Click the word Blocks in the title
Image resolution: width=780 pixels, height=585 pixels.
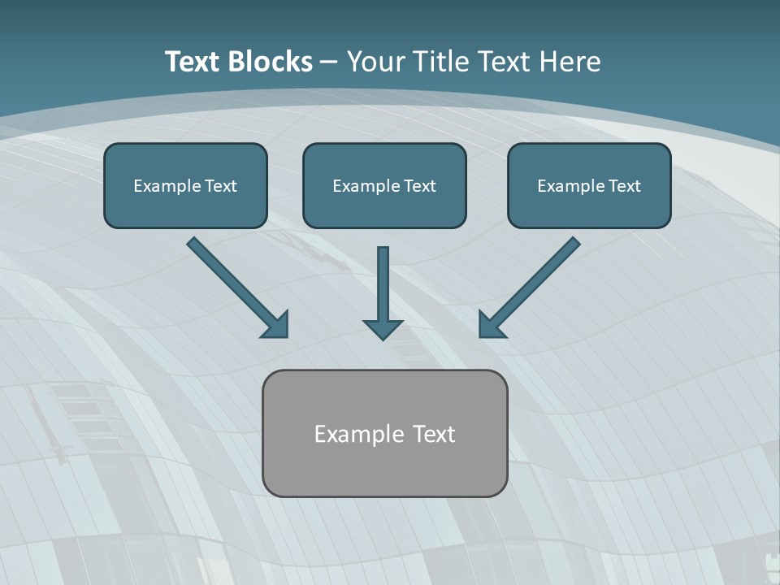point(270,62)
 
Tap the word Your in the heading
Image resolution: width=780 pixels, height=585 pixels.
point(376,62)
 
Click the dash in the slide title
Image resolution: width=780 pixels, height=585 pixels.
point(329,62)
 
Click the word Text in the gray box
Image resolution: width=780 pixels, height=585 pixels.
point(434,434)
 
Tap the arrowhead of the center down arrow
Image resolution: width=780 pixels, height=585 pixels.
point(383,328)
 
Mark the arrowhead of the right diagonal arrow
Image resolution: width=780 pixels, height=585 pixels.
point(490,325)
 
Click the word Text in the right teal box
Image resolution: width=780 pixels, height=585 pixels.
point(624,186)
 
